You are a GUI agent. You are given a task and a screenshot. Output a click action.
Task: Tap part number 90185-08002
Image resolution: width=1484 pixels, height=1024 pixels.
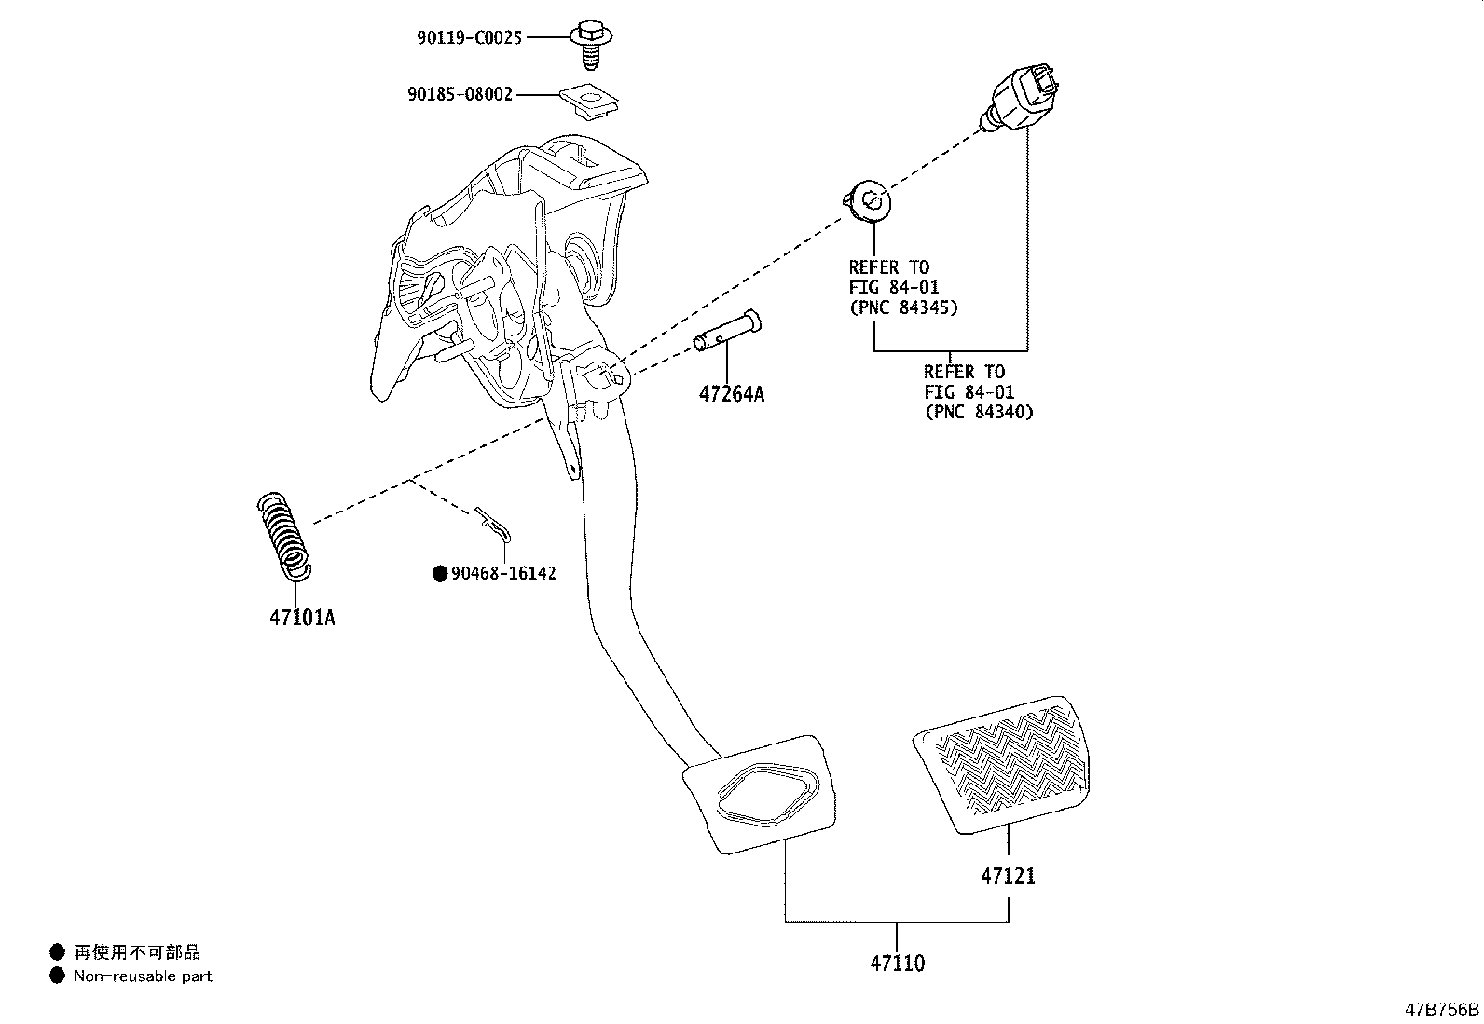tap(460, 95)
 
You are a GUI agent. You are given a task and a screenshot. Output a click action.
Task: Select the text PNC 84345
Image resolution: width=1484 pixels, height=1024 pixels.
tap(902, 307)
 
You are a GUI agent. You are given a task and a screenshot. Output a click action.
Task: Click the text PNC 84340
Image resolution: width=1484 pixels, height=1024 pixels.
tap(979, 412)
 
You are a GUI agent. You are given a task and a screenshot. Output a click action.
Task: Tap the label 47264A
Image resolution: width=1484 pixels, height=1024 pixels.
tap(731, 394)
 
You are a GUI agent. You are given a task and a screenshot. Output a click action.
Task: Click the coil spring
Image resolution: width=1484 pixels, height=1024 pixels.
tap(283, 534)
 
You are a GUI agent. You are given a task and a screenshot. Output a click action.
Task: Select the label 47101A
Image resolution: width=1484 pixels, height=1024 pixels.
tap(302, 618)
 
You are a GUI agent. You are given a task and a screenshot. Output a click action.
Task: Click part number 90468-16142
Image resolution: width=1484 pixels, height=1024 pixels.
tap(503, 574)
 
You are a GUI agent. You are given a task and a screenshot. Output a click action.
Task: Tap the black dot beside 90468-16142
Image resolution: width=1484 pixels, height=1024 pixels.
tap(440, 574)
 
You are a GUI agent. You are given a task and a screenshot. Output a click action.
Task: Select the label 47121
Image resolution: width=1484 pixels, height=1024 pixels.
tap(1007, 877)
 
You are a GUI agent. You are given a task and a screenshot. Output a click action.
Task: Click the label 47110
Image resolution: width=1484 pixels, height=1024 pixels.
tap(897, 963)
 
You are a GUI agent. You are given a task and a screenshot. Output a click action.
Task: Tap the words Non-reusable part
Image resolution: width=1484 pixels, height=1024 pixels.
tap(143, 976)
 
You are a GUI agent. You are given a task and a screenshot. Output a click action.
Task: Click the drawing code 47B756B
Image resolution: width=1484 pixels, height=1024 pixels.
tap(1442, 1009)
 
